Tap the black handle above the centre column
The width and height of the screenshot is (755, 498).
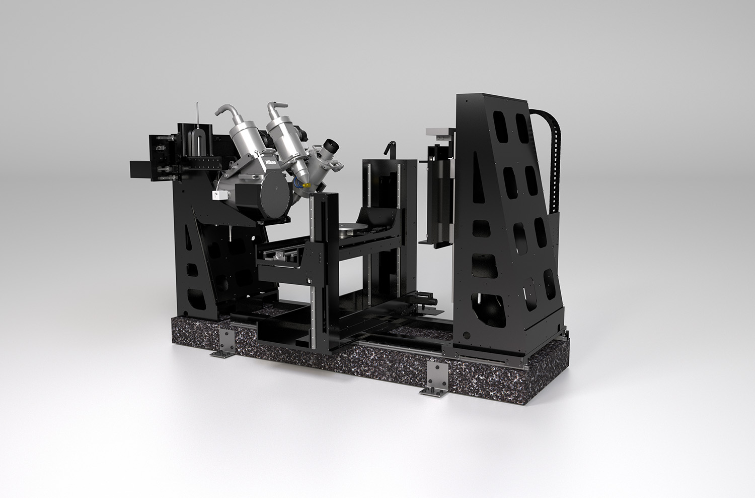(388, 149)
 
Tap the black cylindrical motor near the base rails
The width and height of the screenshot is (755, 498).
(426, 301)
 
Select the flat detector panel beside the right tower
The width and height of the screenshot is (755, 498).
(439, 194)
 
